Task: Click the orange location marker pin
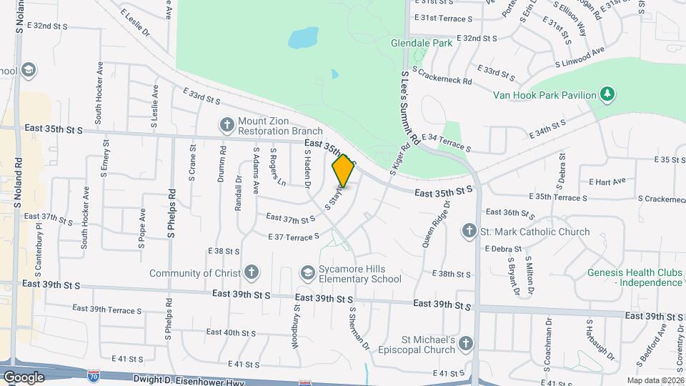[344, 170]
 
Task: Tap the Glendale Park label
[422, 43]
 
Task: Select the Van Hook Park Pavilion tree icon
[607, 94]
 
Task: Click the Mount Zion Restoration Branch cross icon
[227, 126]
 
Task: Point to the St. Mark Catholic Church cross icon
[469, 231]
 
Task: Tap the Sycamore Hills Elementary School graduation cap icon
[307, 273]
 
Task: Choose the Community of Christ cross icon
[251, 272]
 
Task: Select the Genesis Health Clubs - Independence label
[635, 277]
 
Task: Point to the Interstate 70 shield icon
[93, 375]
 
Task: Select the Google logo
[24, 377]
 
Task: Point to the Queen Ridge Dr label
[436, 224]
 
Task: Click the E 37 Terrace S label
[293, 237]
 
